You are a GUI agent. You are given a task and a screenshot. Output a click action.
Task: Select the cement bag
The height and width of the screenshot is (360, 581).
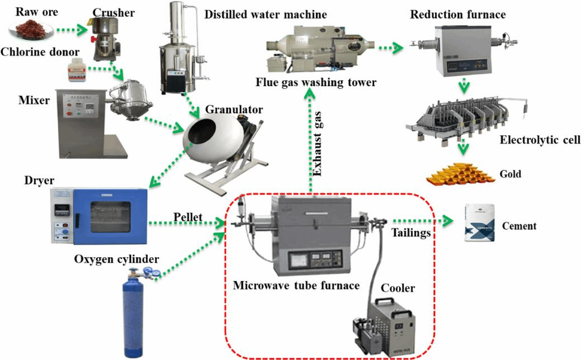481,224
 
